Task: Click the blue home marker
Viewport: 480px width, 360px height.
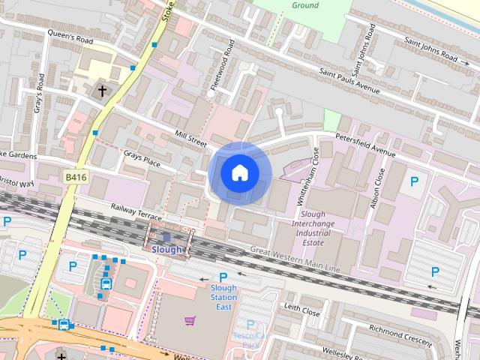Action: click(240, 172)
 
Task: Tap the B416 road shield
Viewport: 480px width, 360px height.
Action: click(73, 176)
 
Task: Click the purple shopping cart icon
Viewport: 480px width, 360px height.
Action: click(190, 321)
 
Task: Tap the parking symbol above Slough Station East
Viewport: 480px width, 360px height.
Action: click(223, 277)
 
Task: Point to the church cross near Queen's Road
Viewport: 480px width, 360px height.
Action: click(102, 91)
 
